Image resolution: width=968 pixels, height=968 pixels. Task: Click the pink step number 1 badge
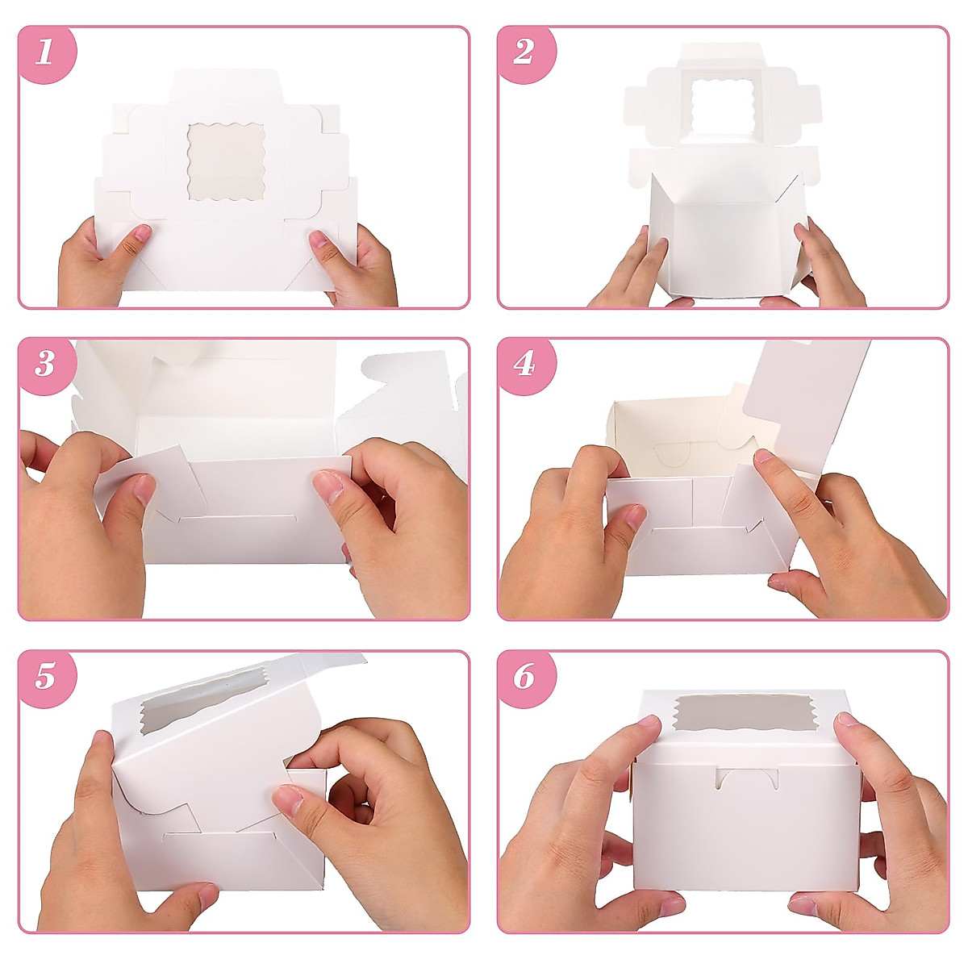point(45,53)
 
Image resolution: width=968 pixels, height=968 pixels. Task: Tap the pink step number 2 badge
point(524,53)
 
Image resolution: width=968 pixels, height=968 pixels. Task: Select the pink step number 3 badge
point(45,365)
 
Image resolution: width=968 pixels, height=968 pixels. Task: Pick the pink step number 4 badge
point(524,365)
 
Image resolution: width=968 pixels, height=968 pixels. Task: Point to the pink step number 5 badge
point(45,676)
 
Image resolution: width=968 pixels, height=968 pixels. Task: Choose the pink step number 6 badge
point(524,676)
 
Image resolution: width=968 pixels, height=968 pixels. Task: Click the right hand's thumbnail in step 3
point(328,487)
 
